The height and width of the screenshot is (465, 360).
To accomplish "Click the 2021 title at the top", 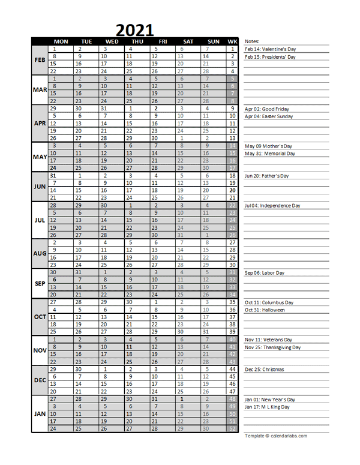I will tap(134, 29).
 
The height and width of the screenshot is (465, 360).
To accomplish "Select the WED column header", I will tap(105, 41).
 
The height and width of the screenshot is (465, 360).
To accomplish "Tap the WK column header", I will tap(233, 41).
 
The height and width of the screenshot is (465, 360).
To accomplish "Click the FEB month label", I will tap(40, 60).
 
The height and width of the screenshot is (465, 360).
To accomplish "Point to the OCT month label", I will tap(40, 317).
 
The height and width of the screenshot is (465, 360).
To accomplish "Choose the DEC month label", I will tap(40, 380).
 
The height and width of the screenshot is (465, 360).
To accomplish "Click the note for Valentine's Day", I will tap(271, 49).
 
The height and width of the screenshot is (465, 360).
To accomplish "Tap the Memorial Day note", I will tap(270, 154).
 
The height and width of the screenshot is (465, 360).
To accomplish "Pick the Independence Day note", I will tap(272, 206).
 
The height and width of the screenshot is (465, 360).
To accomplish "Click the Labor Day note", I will tap(265, 272).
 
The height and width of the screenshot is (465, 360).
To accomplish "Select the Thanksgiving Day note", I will tap(273, 347).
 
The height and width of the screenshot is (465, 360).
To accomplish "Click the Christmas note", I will tap(265, 370).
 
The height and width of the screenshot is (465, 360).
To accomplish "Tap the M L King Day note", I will tap(268, 407).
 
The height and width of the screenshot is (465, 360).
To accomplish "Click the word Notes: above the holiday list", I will tap(252, 41).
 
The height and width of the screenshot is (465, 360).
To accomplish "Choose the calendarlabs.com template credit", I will tap(276, 436).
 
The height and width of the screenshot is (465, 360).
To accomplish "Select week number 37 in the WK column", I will tap(233, 317).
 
